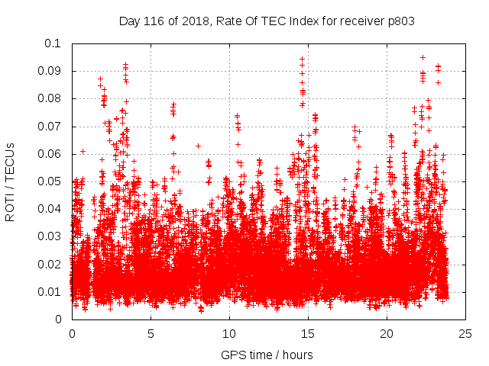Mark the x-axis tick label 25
[466, 334]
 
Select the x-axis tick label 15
[309, 334]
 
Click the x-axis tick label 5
[151, 334]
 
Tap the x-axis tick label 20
[387, 334]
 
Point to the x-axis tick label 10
[229, 334]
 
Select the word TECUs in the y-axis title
[10, 161]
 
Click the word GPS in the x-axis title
[233, 355]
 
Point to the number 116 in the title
[154, 21]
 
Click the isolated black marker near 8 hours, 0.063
[198, 146]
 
